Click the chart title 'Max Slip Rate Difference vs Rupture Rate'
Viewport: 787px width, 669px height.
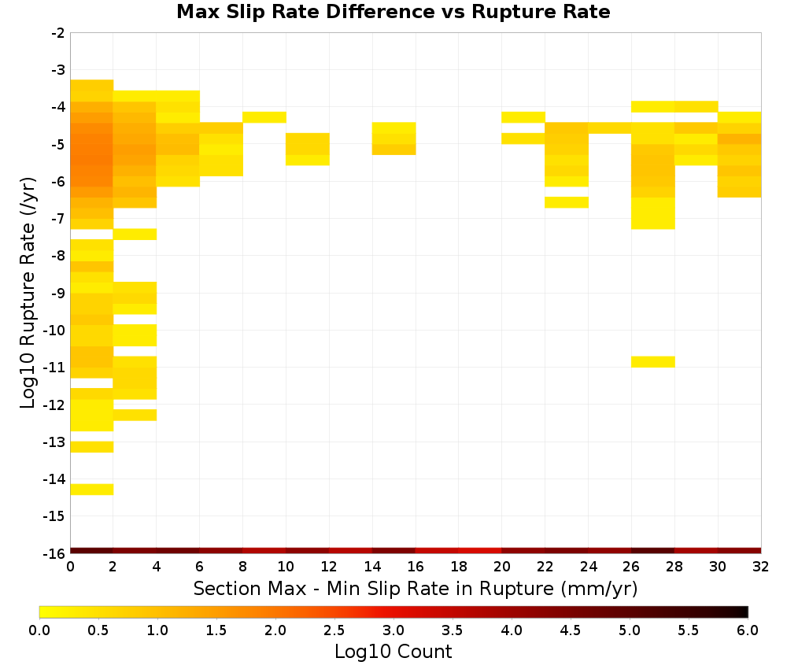[x=393, y=12]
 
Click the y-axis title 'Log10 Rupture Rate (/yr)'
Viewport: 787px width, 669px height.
[x=28, y=292]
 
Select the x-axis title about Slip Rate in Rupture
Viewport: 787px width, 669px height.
[x=415, y=588]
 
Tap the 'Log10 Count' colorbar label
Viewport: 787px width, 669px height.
[x=393, y=652]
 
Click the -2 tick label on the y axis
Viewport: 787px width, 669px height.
[x=58, y=33]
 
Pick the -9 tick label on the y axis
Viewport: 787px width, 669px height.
[x=58, y=293]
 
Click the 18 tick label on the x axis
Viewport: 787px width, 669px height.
[x=459, y=567]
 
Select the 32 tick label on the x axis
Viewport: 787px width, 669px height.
[x=761, y=567]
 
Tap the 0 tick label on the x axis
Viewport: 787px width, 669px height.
[x=70, y=567]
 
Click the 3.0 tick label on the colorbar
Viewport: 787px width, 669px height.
[x=393, y=630]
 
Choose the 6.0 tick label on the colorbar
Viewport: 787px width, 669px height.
[x=748, y=630]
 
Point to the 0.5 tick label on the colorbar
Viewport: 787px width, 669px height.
[x=98, y=630]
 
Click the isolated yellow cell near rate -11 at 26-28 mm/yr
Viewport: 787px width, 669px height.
[x=652, y=362]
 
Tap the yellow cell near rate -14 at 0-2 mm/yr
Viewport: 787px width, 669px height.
[x=92, y=490]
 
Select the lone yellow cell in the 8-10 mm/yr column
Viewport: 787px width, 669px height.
[x=264, y=117]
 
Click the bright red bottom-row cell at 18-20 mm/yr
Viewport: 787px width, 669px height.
[x=480, y=551]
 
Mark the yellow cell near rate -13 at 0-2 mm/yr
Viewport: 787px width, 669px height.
[x=92, y=447]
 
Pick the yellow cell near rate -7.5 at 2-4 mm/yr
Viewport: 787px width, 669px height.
[x=135, y=235]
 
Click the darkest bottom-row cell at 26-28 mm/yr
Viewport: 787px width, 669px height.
[x=652, y=551]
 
